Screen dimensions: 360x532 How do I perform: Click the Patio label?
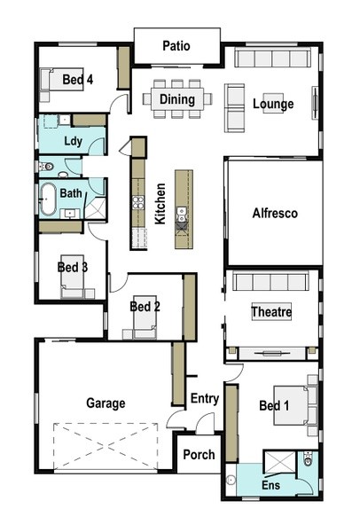[x=176, y=46]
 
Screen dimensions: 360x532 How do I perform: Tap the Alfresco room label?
[x=275, y=213]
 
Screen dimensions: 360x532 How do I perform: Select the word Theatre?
[x=271, y=311]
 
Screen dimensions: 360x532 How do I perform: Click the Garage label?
[x=106, y=403]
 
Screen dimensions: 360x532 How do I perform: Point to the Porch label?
[x=199, y=455]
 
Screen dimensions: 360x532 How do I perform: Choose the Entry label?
[x=204, y=398]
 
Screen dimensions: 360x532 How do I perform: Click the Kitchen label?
[x=160, y=204]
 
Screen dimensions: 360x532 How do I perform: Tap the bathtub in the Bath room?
[x=48, y=199]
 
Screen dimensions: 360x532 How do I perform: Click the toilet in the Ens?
[x=308, y=458]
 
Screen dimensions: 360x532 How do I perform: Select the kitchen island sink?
[x=182, y=214]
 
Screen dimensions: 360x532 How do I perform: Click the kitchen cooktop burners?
[x=137, y=202]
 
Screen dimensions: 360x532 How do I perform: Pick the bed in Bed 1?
[x=291, y=405]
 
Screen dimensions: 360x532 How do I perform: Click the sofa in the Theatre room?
[x=270, y=280]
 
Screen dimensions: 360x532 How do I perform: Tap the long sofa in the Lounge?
[x=272, y=58]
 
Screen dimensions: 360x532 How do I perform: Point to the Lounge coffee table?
[x=273, y=103]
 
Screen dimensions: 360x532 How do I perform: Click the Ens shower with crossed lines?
[x=280, y=462]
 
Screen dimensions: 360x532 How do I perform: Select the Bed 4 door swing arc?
[x=117, y=101]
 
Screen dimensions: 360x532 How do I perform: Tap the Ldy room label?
[x=73, y=141]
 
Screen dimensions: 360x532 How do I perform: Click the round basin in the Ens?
[x=231, y=480]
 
